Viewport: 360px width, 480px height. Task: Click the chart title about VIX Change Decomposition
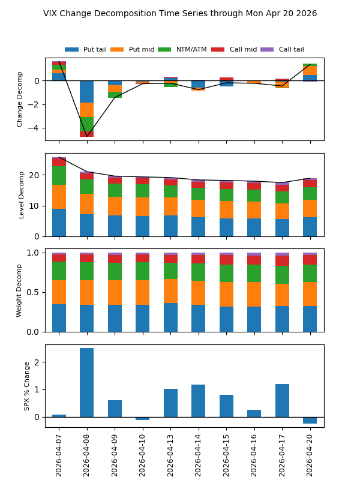click(180, 13)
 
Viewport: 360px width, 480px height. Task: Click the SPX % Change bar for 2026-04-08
click(86, 382)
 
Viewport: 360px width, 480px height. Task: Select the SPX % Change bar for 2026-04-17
click(282, 400)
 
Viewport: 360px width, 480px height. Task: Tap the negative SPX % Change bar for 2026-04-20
click(310, 420)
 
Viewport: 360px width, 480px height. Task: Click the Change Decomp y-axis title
click(20, 99)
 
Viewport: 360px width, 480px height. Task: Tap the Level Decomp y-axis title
click(22, 194)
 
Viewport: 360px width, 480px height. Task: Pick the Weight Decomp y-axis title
click(20, 290)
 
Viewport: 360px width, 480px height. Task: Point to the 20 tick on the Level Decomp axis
click(36, 175)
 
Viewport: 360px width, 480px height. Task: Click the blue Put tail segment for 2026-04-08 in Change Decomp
click(86, 92)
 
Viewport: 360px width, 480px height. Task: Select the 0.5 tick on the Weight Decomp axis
click(35, 292)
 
